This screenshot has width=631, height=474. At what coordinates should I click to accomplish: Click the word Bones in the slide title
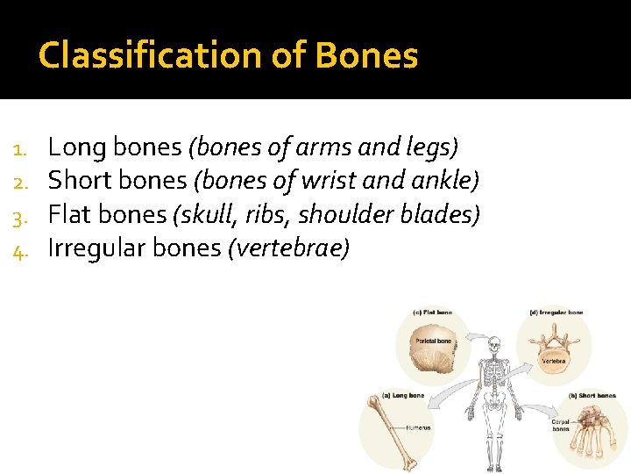[x=367, y=56]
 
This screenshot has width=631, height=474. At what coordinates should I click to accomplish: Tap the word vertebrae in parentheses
[x=288, y=248]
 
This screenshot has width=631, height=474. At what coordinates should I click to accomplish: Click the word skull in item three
[x=202, y=214]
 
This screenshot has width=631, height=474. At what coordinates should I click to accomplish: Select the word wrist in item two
[x=329, y=181]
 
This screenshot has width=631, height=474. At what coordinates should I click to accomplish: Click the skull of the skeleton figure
[x=496, y=344]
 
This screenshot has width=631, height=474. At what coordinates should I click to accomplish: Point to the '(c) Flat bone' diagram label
[x=432, y=312]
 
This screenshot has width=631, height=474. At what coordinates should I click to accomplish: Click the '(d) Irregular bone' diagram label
[x=557, y=312]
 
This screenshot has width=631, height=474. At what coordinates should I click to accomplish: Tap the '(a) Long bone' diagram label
[x=402, y=396]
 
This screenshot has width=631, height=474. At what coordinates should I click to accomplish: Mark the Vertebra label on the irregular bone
[x=553, y=361]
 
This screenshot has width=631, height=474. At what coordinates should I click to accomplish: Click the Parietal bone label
[x=433, y=341]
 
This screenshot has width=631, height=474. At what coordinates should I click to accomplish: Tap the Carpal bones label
[x=561, y=425]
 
